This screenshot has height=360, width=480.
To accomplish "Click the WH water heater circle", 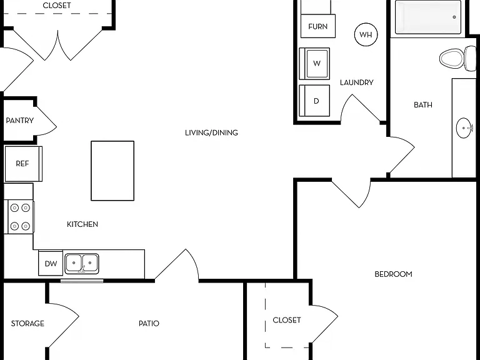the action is click(x=366, y=34).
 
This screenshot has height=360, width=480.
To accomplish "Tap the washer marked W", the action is click(x=314, y=64).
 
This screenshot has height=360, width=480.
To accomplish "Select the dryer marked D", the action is click(x=314, y=101).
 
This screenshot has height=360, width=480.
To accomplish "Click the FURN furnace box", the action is click(x=318, y=26).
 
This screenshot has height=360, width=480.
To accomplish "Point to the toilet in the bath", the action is click(x=457, y=58).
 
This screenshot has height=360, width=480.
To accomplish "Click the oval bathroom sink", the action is click(x=464, y=128).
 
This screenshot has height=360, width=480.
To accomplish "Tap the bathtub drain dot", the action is click(x=454, y=17).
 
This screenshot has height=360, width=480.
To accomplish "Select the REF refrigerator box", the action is click(x=23, y=164).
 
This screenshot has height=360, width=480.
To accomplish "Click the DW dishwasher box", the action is click(x=51, y=263).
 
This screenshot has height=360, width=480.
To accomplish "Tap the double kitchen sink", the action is click(x=82, y=263).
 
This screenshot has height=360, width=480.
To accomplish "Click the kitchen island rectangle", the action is click(x=112, y=171).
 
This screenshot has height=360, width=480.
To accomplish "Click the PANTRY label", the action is click(x=20, y=120).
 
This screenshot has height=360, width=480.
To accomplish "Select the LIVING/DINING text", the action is click(x=211, y=132).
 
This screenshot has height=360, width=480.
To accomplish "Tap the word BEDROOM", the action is click(x=393, y=274).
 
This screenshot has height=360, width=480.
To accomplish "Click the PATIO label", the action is click(x=149, y=323).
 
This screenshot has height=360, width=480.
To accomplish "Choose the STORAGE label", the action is click(x=27, y=323).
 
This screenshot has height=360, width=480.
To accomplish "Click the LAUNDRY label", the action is click(x=357, y=82).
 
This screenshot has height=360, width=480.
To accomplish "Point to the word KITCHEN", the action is click(x=82, y=224).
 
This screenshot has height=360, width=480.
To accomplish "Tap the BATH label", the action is click(x=423, y=105).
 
